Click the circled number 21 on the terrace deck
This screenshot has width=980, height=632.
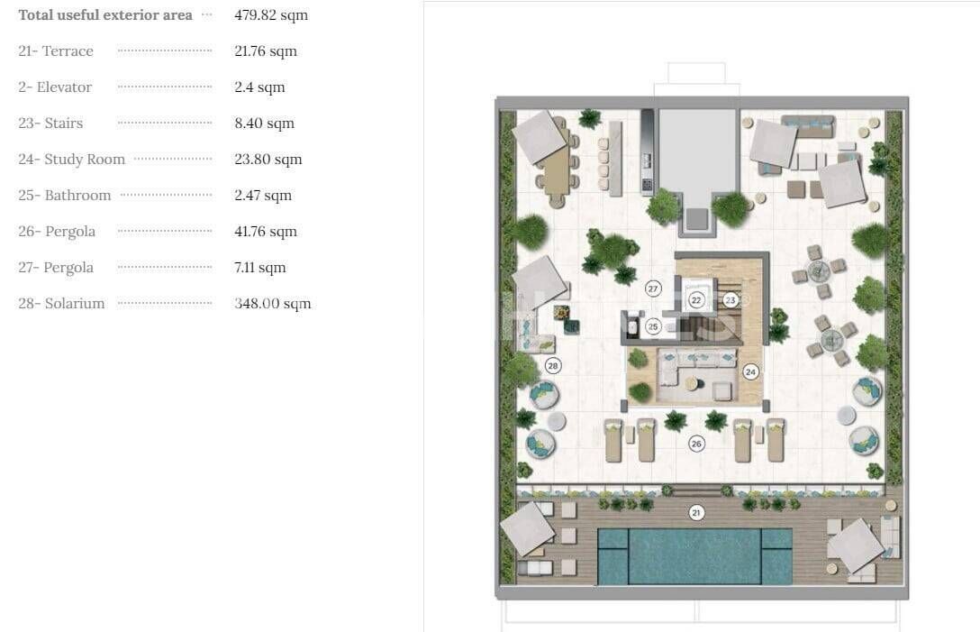coord(695,513)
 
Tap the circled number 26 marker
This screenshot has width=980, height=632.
coord(695,444)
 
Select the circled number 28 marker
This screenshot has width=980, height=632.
coord(553,365)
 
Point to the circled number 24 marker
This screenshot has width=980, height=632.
coord(750,371)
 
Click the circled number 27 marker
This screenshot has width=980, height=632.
coord(653,289)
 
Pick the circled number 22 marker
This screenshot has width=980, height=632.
coord(696,300)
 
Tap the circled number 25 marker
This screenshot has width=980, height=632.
coord(653,326)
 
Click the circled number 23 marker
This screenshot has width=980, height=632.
coord(730,300)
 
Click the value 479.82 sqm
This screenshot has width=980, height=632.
coord(271,15)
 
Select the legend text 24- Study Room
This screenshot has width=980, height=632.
coord(71,160)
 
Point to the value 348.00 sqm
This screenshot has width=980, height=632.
coord(273,304)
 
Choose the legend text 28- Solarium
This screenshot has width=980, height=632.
coord(61,304)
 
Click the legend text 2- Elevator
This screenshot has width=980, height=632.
coord(55,87)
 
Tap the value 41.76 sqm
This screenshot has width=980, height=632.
coord(266,232)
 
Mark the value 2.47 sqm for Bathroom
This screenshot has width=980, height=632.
coord(263,196)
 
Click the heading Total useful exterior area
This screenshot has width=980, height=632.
coord(105,15)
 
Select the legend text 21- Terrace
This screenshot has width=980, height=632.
coord(56,51)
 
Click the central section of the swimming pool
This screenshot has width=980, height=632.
coord(694,555)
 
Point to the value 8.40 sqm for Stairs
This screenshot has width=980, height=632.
coord(264,124)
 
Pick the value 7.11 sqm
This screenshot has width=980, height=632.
coord(260,268)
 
